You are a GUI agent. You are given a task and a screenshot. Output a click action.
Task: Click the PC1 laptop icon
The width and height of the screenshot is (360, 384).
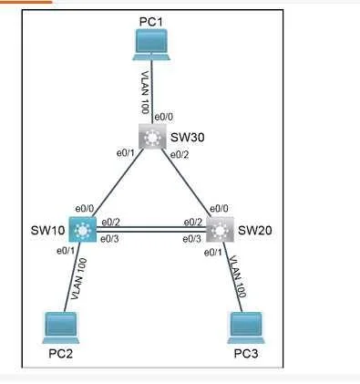coord(151,45)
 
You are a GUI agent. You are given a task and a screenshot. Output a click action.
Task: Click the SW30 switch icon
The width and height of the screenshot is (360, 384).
coord(152,136)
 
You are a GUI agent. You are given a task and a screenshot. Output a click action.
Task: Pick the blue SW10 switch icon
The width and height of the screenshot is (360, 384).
coord(82,230)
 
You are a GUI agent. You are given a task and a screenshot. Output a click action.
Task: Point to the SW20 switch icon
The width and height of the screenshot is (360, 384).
coord(221,230)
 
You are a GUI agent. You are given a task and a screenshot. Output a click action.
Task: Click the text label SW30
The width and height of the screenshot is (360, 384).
coord(188,138)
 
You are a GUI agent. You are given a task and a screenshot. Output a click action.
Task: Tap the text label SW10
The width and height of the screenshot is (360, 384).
coord(47,231)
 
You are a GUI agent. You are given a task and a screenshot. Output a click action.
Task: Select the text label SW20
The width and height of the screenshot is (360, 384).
coord(255,231)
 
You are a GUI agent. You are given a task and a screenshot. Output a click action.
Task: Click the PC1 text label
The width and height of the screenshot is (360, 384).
coord(151,22)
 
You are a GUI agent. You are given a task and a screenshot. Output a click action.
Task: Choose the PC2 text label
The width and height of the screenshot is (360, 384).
coord(61,354)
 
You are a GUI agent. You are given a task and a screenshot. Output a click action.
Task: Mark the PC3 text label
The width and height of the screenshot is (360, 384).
coord(246,354)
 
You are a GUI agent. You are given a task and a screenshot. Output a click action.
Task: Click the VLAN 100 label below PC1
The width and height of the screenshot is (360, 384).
coord(146,92)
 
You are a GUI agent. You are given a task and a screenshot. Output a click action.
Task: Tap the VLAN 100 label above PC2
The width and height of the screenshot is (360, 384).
coord(79,279)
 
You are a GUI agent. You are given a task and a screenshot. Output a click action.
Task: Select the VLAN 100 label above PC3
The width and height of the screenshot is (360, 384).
coord(237,276)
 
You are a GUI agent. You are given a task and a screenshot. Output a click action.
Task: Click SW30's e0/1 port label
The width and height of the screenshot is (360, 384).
coord(126,153)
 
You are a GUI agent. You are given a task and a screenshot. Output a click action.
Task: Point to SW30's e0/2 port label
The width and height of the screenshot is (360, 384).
coord(180,155)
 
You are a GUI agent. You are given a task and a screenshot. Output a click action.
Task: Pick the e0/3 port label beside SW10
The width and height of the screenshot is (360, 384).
coord(109,239)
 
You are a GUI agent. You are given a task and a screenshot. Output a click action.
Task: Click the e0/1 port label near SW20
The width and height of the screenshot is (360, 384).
coord(213,253)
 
